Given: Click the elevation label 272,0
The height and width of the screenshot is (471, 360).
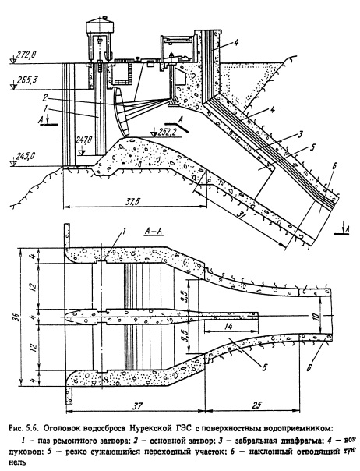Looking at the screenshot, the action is coord(26,55).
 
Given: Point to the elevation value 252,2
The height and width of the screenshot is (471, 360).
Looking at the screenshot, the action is coord(170,131).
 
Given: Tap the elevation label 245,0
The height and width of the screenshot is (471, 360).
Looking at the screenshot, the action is coord(25,156).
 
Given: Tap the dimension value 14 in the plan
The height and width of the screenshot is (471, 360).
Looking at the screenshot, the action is coord(229,327).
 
